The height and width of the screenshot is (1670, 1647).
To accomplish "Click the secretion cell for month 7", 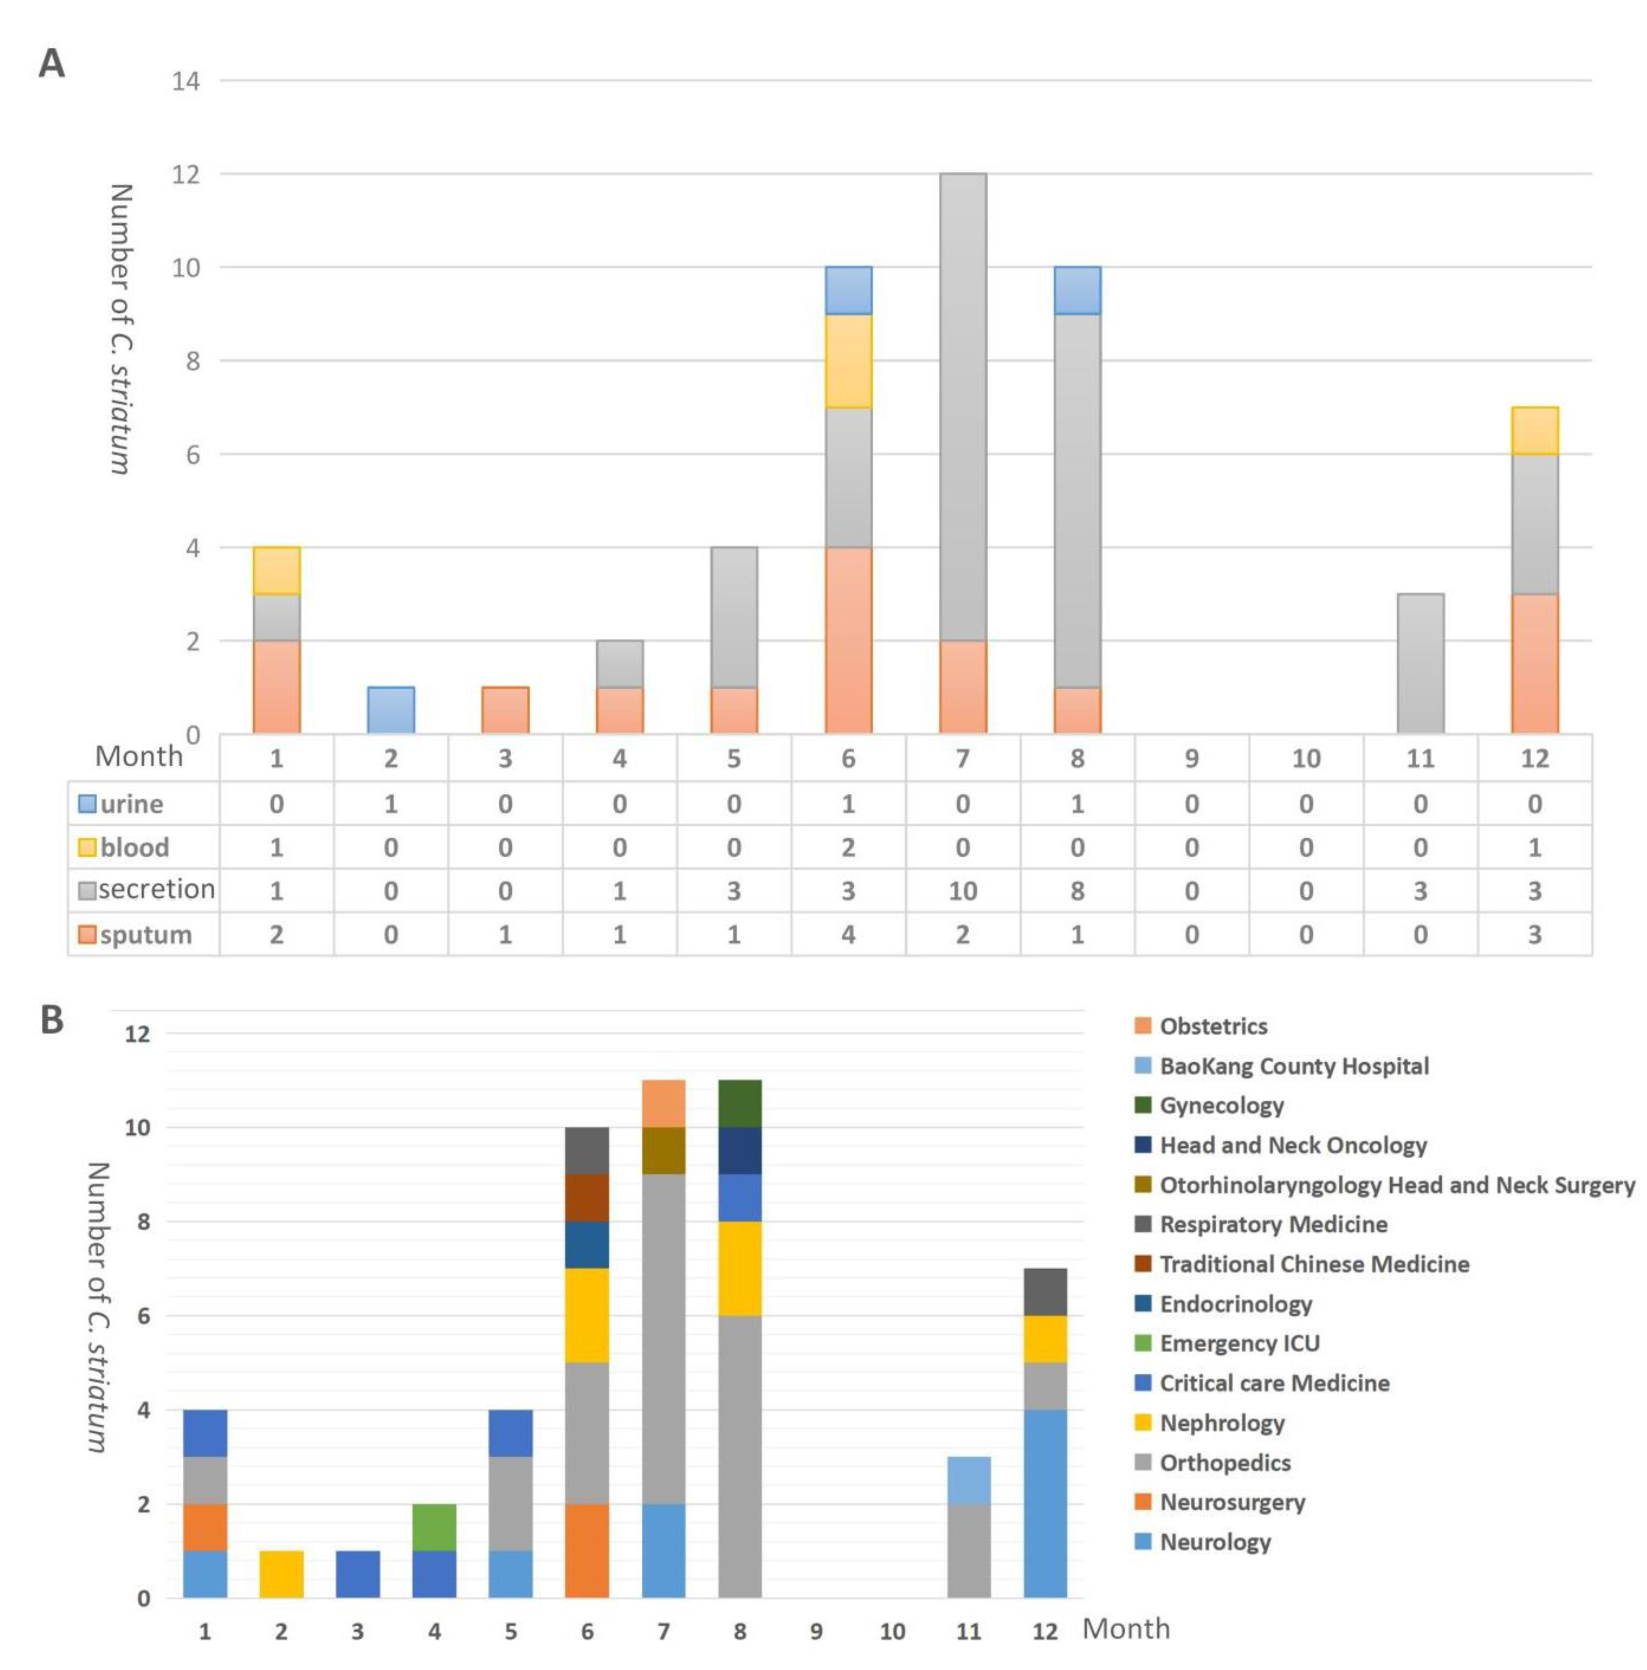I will click(x=962, y=891).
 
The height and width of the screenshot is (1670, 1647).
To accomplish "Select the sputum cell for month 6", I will click(x=848, y=934).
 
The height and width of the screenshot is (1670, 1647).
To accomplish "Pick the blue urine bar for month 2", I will click(x=391, y=711).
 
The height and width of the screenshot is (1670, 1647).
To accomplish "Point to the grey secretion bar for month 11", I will click(x=1420, y=664).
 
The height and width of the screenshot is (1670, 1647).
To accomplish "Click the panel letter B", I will click(x=52, y=1020).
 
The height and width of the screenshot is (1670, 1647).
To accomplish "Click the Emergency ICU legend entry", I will click(x=1238, y=1343).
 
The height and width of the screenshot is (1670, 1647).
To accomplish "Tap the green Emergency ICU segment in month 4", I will click(x=434, y=1527).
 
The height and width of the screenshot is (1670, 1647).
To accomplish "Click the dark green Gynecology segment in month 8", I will click(x=740, y=1104).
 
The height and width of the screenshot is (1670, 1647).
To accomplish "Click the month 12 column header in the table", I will click(x=1534, y=758).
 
